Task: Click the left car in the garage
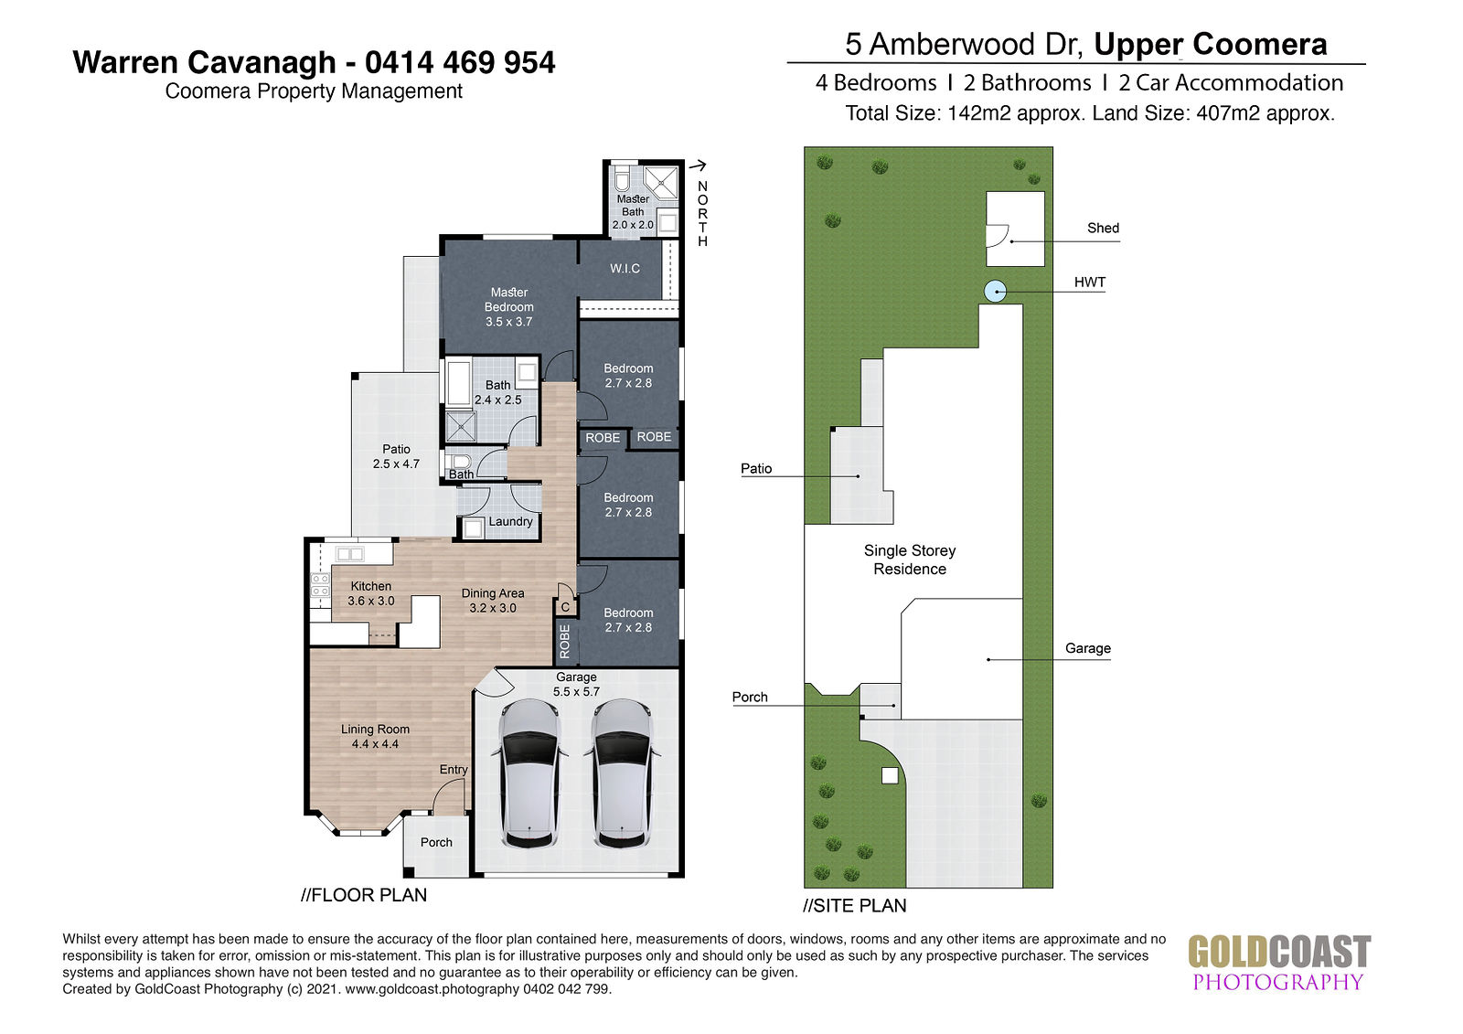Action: click(529, 773)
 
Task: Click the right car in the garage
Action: click(622, 773)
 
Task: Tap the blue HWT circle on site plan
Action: click(995, 292)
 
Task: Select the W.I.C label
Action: click(625, 269)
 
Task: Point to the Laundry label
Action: click(510, 521)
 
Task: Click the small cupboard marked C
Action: click(565, 606)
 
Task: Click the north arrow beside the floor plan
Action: click(698, 165)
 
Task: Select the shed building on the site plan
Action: click(1014, 229)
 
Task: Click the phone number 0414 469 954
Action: click(460, 63)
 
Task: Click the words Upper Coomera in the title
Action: click(1211, 45)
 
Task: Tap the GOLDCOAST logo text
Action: click(1279, 951)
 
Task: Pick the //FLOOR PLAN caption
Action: click(364, 895)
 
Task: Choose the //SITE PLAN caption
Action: click(854, 905)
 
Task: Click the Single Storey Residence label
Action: click(910, 560)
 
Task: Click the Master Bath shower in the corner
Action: click(661, 181)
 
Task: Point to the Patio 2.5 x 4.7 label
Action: click(397, 456)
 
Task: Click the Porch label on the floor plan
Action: click(436, 842)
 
